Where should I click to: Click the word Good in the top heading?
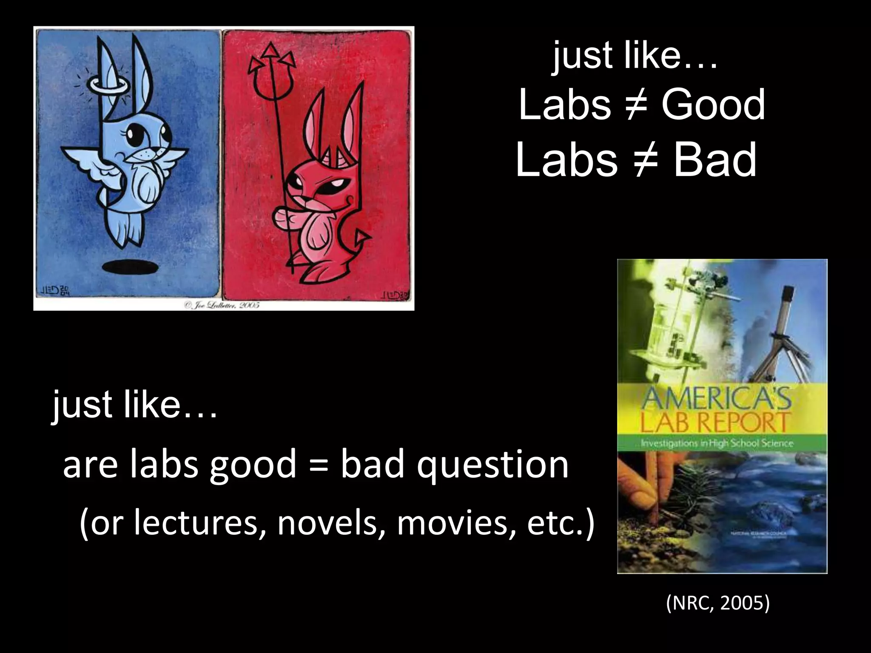click(713, 105)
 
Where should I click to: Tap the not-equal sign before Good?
click(635, 105)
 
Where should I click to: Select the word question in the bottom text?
click(492, 465)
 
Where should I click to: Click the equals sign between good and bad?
click(318, 465)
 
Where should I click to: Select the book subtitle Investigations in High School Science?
click(717, 443)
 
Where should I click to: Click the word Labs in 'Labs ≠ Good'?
click(565, 105)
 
